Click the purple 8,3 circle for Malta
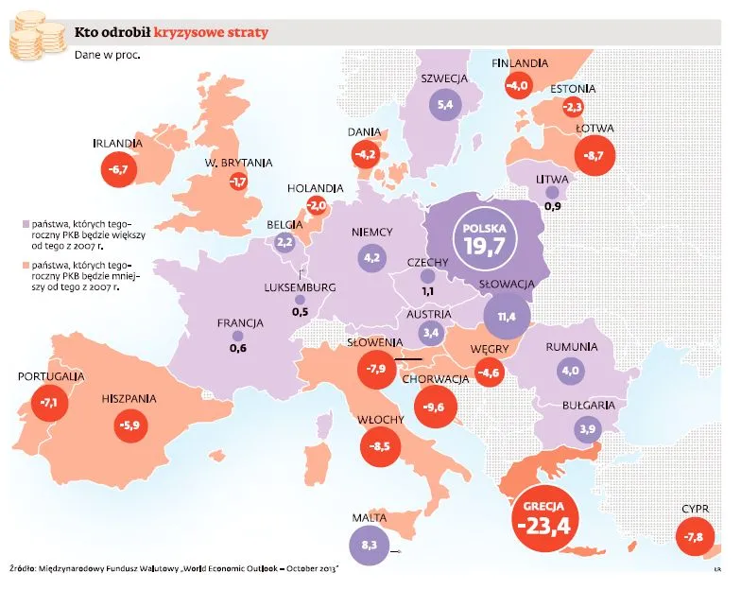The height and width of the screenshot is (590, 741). [368, 546]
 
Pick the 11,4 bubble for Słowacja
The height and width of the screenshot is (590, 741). [507, 315]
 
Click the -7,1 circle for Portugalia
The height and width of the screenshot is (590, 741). [49, 403]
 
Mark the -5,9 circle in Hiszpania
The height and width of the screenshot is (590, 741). [128, 425]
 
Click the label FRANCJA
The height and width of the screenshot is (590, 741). [239, 322]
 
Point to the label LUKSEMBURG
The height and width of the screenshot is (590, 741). [301, 287]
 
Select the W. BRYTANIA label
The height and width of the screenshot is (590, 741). [238, 163]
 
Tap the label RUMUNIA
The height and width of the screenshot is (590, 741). [572, 347]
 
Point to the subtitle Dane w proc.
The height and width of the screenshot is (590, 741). [108, 55]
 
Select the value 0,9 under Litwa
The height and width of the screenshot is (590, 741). [553, 206]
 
